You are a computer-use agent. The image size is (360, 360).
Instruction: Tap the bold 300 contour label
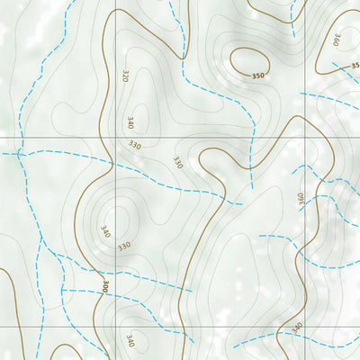(x=105, y=287)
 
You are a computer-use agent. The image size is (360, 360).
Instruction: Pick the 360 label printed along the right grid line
(x=301, y=197)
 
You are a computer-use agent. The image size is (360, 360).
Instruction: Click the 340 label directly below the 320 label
(x=131, y=121)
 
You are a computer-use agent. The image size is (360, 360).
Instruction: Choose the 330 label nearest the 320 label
(x=135, y=145)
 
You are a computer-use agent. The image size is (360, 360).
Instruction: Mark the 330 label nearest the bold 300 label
(x=124, y=245)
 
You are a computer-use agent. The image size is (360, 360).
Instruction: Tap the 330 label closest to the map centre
(x=178, y=163)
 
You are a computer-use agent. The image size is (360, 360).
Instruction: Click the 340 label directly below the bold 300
(x=130, y=340)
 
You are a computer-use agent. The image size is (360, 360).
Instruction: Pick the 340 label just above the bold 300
(x=105, y=232)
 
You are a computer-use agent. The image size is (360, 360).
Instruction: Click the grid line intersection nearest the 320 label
(x=115, y=138)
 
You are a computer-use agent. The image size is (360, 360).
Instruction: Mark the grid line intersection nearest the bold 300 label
(x=115, y=326)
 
